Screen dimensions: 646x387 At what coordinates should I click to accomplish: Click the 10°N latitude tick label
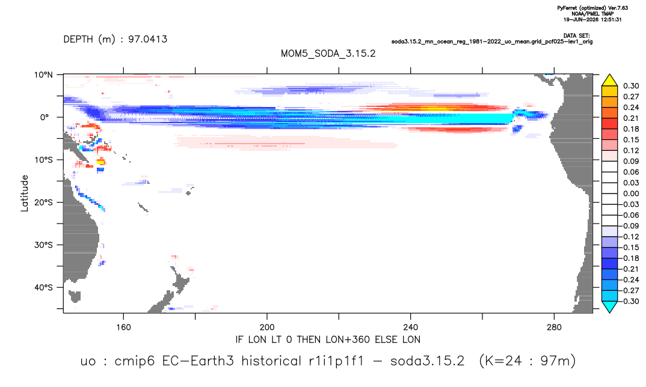43,75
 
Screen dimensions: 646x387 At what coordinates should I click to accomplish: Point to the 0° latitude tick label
45,117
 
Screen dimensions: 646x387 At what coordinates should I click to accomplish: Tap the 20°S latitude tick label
43,203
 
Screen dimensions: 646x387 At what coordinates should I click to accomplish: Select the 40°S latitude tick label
43,287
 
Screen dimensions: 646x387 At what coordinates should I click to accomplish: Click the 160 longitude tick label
123,328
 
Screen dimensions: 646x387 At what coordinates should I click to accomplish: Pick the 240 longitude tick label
410,328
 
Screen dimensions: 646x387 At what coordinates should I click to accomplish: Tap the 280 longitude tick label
554,328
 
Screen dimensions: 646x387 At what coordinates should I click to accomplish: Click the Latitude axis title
25,194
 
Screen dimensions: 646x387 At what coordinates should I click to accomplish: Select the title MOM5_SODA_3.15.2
328,53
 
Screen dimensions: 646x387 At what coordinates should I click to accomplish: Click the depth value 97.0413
148,39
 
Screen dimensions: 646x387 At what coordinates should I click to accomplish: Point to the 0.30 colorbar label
631,86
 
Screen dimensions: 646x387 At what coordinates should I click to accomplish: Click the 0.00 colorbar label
631,194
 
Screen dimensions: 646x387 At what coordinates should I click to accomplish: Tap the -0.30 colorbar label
630,301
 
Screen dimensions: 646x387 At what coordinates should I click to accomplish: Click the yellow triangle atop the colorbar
609,81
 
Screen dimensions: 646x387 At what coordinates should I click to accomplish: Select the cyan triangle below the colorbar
609,306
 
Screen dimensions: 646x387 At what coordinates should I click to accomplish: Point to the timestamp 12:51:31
609,19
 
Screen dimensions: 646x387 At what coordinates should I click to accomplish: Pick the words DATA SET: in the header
576,36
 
